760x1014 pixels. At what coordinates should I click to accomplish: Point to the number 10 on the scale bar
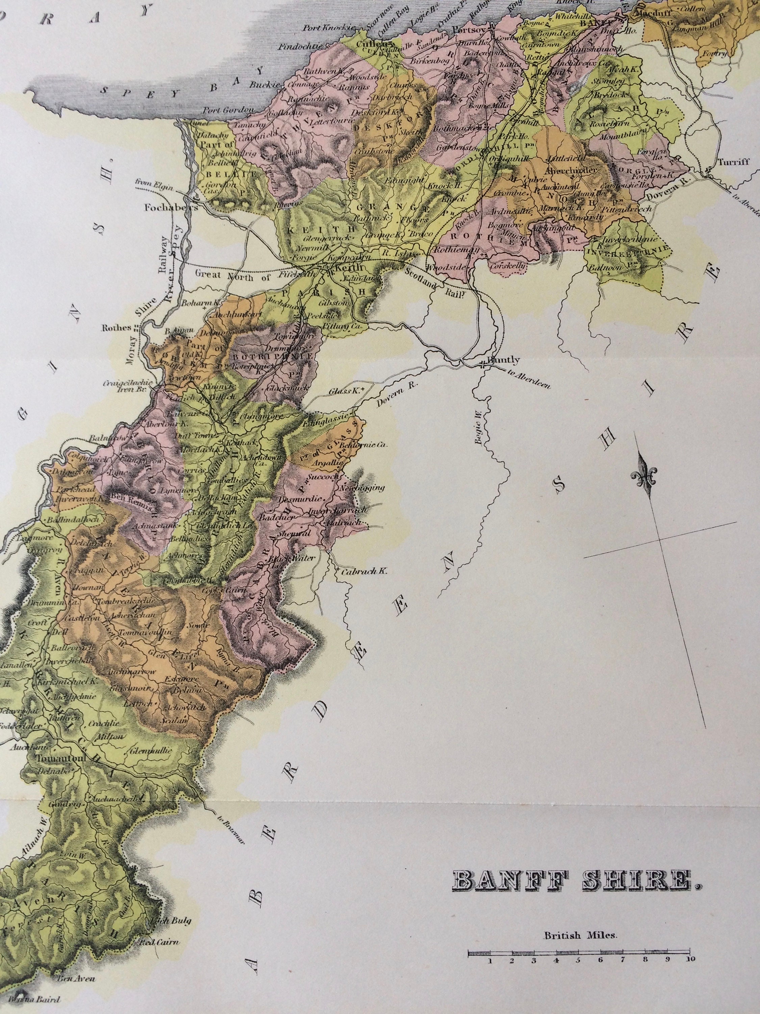point(690,957)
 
